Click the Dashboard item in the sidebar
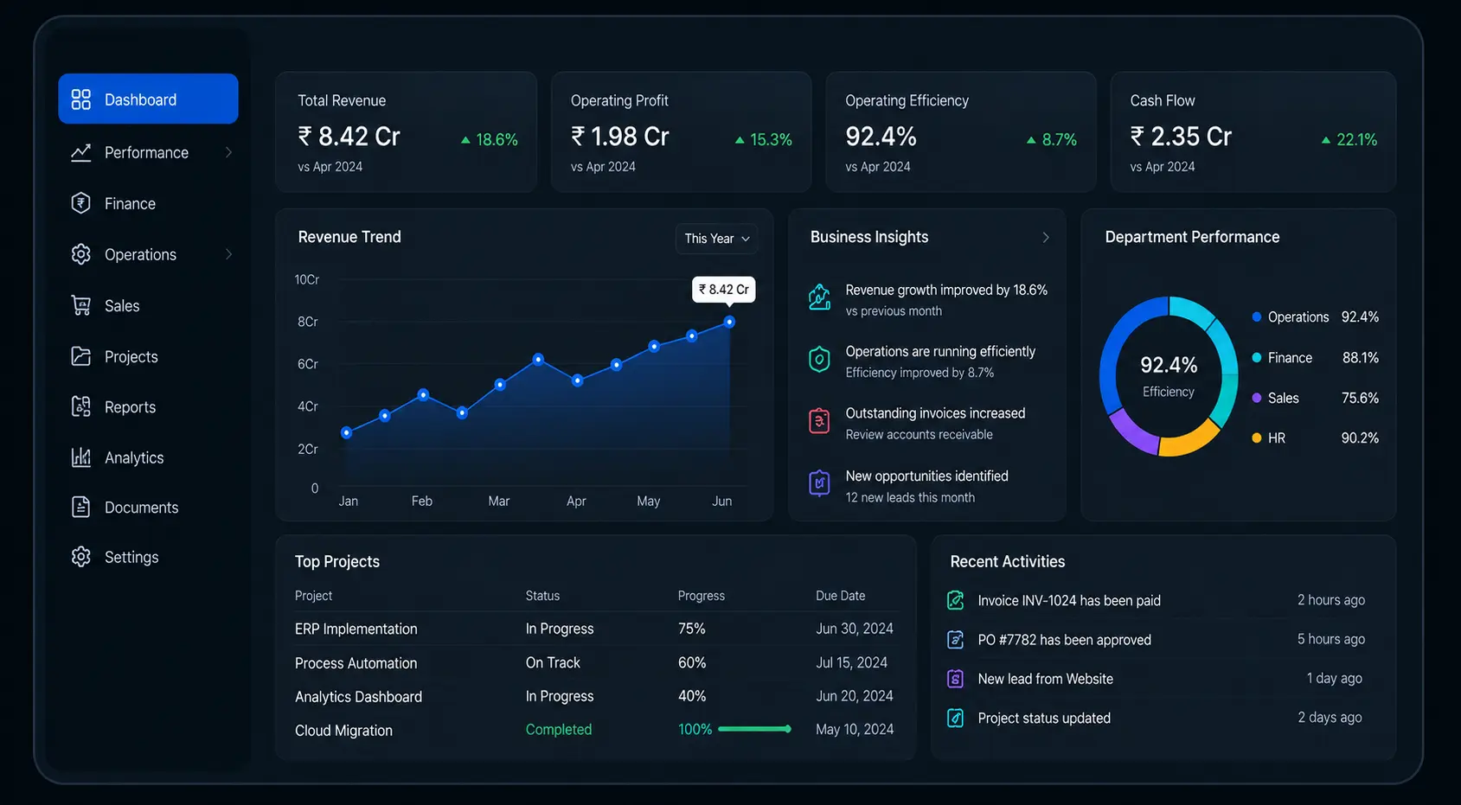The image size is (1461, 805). [x=148, y=99]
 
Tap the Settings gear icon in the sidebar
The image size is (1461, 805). [x=80, y=557]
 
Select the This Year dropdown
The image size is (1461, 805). [x=716, y=239]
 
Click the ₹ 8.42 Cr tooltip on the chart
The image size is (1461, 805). [x=723, y=290]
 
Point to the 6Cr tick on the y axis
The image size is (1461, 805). [x=307, y=364]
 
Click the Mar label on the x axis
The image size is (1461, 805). [x=499, y=501]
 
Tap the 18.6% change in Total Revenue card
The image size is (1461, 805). [x=490, y=139]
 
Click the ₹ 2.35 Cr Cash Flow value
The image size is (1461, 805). [x=1181, y=137]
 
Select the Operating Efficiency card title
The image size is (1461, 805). [x=907, y=100]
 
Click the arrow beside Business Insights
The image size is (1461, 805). [x=1046, y=238]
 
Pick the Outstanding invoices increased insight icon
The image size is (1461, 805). [x=819, y=421]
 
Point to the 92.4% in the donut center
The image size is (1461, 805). [x=1169, y=365]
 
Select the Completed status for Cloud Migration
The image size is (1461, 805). [x=558, y=730]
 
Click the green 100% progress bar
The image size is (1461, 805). [x=754, y=729]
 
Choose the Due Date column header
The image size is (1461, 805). [x=840, y=596]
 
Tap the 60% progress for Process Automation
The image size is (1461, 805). [x=691, y=663]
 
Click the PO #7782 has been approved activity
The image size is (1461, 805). [x=1064, y=640]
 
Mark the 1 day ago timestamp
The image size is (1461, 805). [x=1334, y=679]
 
